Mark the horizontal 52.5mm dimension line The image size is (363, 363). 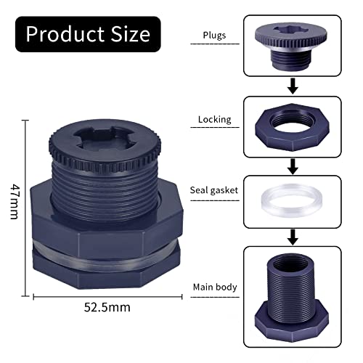point(107,295)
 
